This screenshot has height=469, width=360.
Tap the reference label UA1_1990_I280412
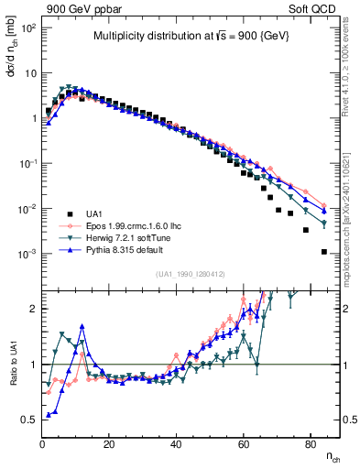click(191, 273)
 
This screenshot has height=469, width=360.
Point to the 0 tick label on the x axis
click(43, 444)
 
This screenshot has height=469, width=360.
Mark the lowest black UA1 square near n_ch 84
click(324, 251)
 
